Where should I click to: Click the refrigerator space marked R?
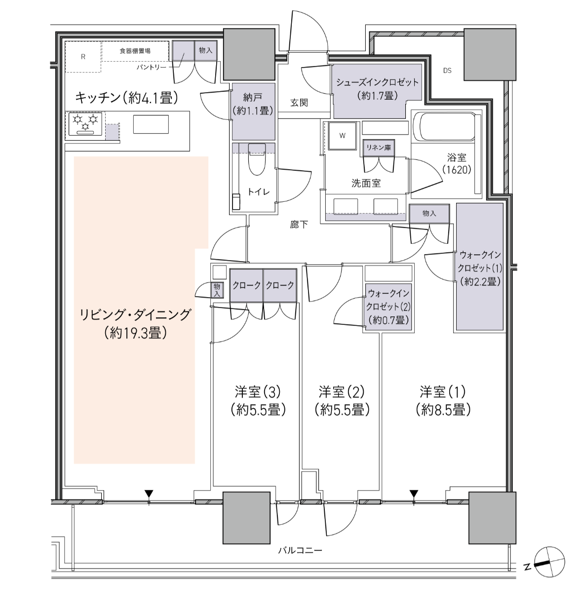point(83,57)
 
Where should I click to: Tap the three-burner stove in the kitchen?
point(85,124)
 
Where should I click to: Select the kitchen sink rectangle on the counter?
point(151,124)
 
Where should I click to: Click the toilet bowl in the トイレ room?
point(257,160)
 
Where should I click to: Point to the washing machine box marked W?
point(343,136)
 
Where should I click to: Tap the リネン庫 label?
point(379,148)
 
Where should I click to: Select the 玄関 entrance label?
point(299,103)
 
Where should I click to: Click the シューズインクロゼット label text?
point(377,82)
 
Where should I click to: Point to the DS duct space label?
point(447,71)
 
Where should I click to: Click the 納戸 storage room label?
point(253,98)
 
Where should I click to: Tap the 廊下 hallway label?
point(299,225)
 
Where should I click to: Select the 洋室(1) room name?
point(442,392)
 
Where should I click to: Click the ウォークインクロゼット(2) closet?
point(388,307)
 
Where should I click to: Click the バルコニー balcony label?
point(300,550)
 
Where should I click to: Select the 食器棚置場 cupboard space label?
point(135,51)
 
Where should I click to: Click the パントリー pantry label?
point(152,67)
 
